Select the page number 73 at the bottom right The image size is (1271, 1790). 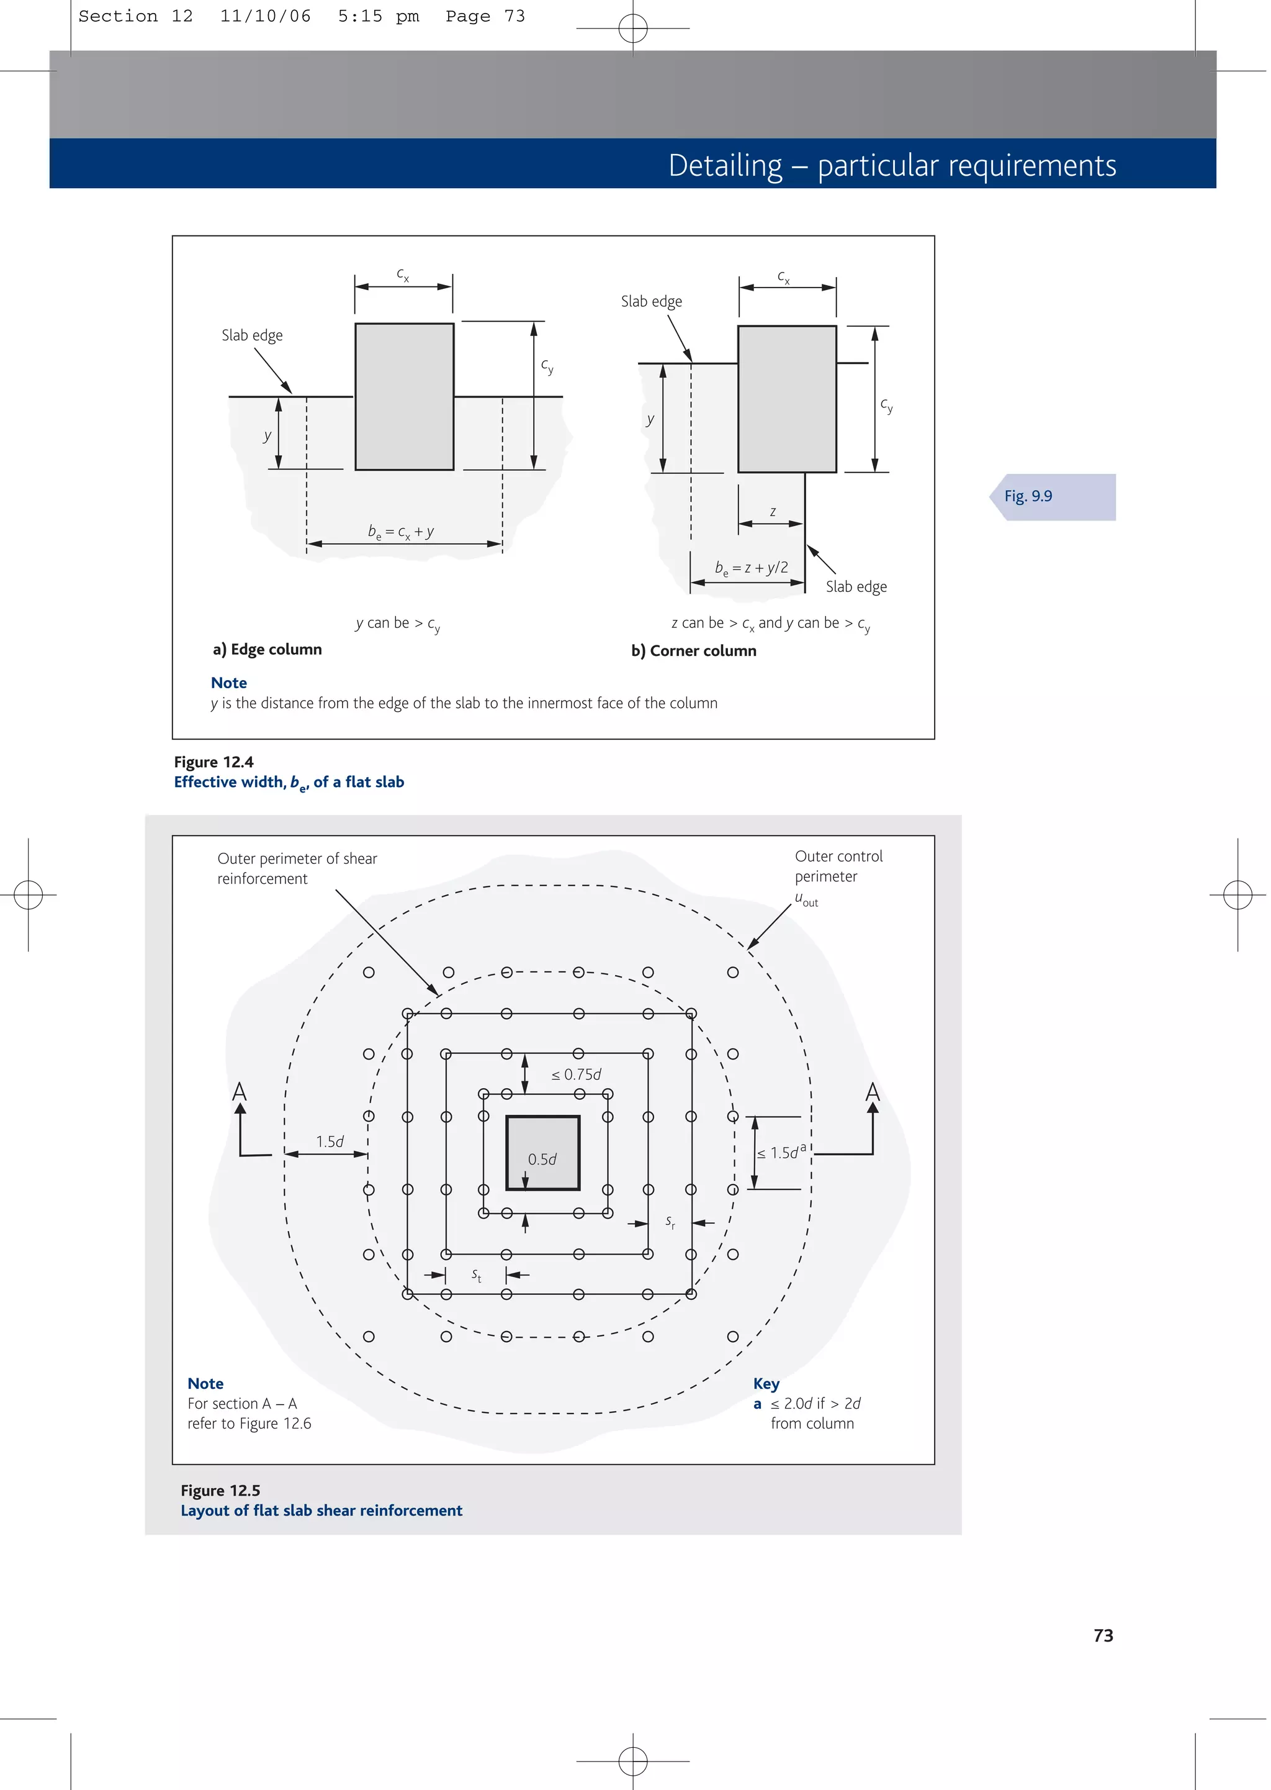(x=1103, y=1635)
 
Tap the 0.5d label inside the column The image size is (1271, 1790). (x=542, y=1159)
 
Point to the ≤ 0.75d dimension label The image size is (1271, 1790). (x=576, y=1074)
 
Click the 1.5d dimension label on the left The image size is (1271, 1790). (x=330, y=1142)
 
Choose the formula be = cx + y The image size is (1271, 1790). (x=401, y=532)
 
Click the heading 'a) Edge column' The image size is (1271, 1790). (x=267, y=649)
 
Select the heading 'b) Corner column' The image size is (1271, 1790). (x=693, y=651)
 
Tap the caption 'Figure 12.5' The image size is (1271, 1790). (x=220, y=1490)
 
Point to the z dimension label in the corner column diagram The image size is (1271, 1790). (x=773, y=511)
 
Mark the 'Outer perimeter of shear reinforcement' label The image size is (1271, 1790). (x=297, y=868)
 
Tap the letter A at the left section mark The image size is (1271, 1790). (x=240, y=1091)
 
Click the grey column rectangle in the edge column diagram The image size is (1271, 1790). (x=404, y=396)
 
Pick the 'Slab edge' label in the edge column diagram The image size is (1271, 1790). (x=252, y=335)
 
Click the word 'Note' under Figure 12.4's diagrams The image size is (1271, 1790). (x=228, y=683)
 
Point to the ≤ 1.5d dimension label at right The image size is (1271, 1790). (x=780, y=1153)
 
